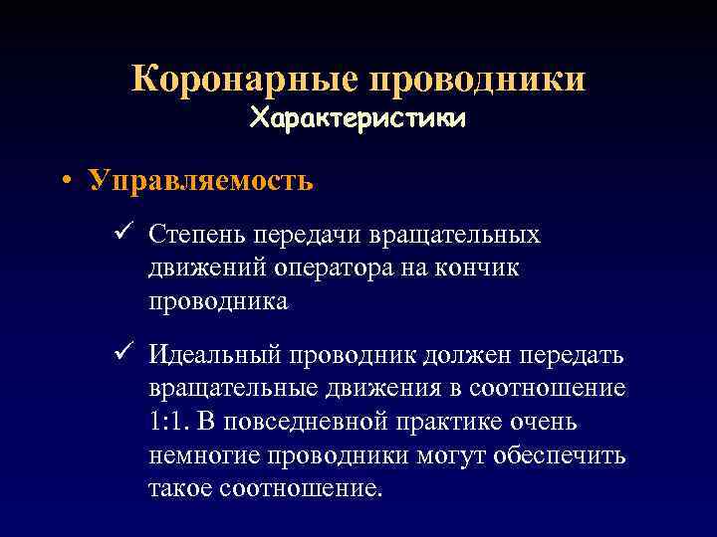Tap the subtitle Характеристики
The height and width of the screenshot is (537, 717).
(358, 118)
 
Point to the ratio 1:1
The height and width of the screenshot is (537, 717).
(168, 423)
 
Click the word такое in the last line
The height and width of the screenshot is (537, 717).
(182, 489)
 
